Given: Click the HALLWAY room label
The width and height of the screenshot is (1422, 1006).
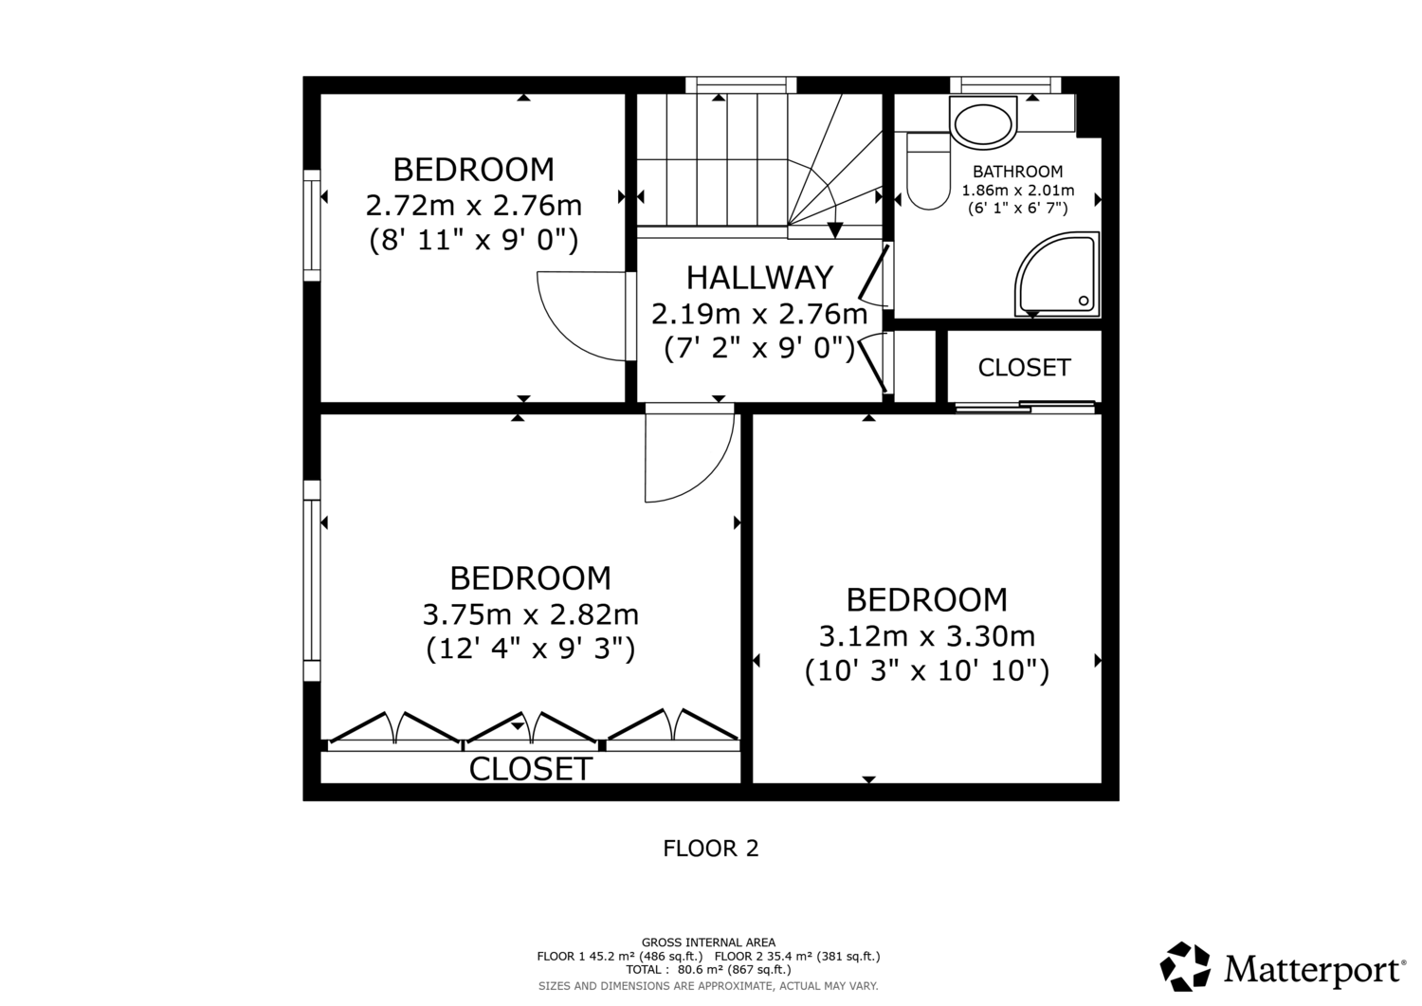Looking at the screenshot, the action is click(759, 278).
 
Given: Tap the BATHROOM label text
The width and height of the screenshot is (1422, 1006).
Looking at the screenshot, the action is click(1017, 172).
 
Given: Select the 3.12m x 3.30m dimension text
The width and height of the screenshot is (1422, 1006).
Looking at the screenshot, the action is click(927, 635).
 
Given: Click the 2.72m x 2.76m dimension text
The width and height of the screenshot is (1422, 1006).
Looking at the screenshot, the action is click(474, 205).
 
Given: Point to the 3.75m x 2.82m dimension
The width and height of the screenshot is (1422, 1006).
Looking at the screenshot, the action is click(530, 614).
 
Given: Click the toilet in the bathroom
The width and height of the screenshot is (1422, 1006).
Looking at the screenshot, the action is click(929, 171).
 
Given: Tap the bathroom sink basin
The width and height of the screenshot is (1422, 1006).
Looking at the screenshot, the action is click(983, 123).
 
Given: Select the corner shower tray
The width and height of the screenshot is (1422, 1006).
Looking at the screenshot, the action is click(1057, 274).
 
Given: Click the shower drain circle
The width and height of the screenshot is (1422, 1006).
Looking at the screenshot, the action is click(1084, 301).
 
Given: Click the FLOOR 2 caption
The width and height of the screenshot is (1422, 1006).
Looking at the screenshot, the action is click(711, 849).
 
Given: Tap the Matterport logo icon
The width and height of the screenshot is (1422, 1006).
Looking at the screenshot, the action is click(1185, 966).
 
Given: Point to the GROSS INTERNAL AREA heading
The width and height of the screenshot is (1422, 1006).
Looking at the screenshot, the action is click(708, 942).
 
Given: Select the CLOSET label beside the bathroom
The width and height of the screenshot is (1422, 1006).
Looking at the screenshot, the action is click(1024, 367).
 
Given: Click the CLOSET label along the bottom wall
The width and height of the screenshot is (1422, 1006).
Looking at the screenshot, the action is click(531, 769).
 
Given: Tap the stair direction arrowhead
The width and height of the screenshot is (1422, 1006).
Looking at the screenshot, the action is click(835, 230).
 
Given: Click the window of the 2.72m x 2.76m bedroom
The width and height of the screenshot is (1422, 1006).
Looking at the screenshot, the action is click(312, 225).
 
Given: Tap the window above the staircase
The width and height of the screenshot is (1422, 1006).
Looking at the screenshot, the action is click(740, 85).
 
